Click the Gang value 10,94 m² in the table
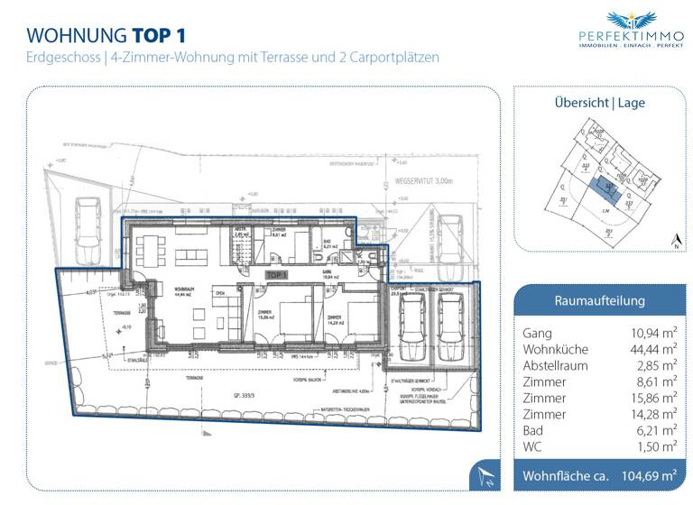pyautogui.click(x=653, y=333)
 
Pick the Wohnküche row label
pyautogui.click(x=555, y=349)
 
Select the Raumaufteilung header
pyautogui.click(x=598, y=301)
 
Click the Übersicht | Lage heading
pyautogui.click(x=599, y=102)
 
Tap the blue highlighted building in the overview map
pyautogui.click(x=600, y=189)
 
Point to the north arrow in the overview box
pyautogui.click(x=675, y=240)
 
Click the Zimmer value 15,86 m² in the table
pyautogui.click(x=653, y=398)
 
